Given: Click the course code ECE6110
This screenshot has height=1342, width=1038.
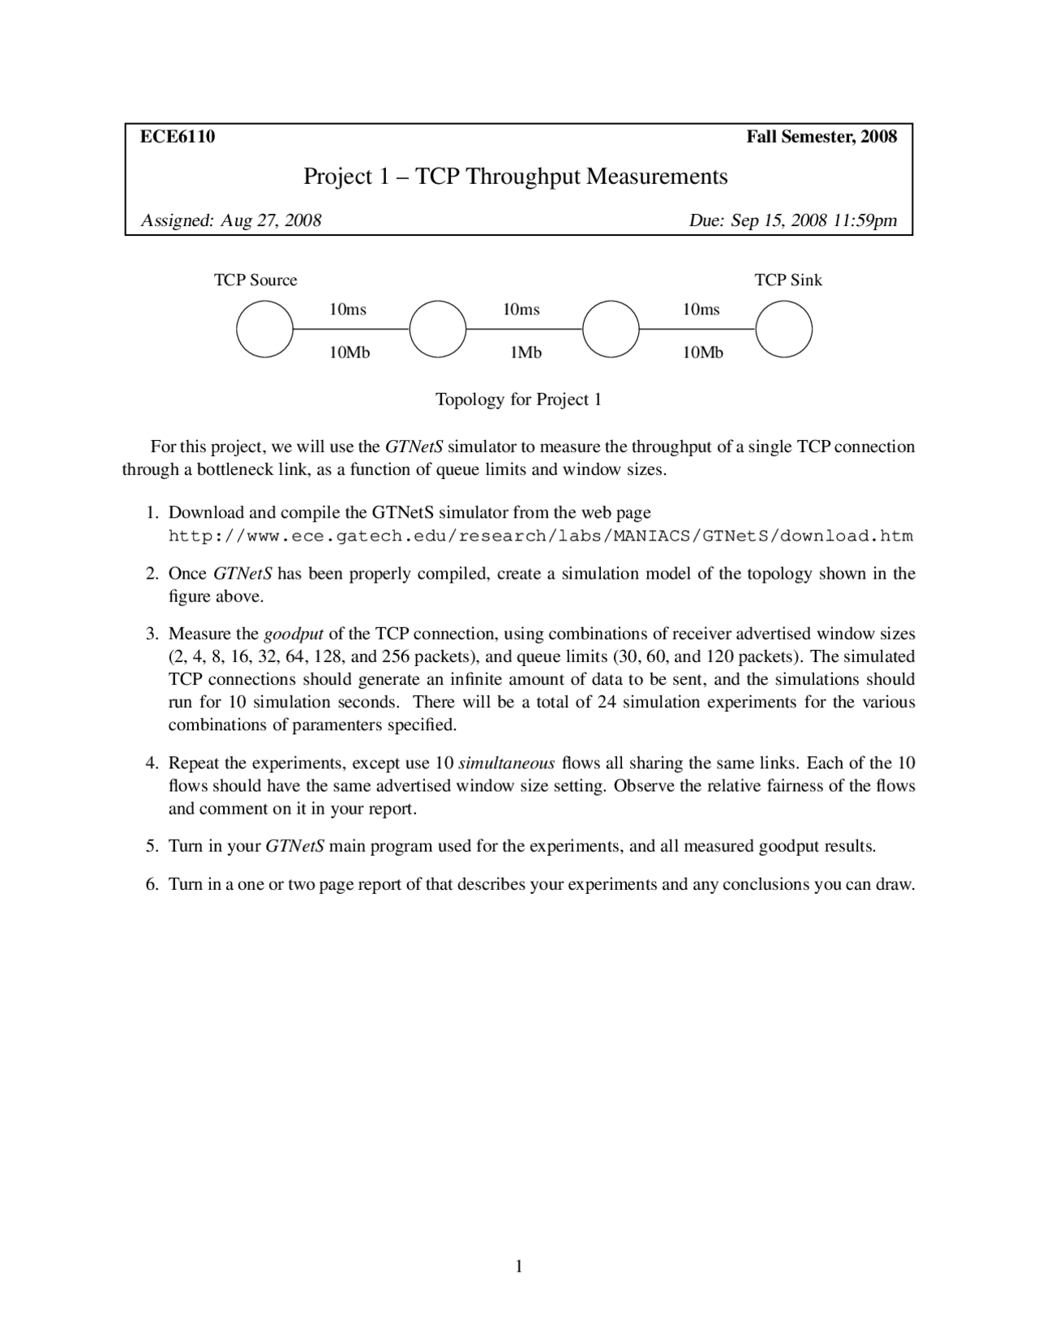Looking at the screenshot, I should click(178, 137).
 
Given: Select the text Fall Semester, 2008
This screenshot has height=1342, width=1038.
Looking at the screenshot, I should click(821, 137).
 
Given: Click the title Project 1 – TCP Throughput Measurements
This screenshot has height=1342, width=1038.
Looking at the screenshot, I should click(515, 177).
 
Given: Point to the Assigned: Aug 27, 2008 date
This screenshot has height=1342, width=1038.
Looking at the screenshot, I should click(231, 220).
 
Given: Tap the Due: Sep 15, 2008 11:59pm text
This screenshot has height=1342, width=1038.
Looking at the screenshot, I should click(792, 220).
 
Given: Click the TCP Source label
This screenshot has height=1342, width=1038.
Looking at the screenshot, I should click(255, 280).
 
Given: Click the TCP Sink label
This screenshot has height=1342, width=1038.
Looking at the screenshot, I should click(787, 280).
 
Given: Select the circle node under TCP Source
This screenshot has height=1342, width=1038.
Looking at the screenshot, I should click(264, 329).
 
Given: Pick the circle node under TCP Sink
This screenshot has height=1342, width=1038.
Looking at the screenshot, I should click(783, 329).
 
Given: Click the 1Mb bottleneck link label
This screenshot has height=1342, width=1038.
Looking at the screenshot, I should click(525, 353).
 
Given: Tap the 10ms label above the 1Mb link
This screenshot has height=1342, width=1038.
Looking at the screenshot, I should click(521, 310).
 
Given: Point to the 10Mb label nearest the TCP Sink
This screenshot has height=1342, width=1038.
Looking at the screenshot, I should click(702, 353).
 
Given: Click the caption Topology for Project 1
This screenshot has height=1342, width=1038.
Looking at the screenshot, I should click(518, 400).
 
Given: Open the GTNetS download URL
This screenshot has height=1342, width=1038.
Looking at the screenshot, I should click(540, 536).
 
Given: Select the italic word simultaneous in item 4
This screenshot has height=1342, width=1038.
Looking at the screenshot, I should click(506, 763).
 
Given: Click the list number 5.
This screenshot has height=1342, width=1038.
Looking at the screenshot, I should click(152, 847).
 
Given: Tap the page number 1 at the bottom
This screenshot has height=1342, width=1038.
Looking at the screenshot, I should click(518, 1267).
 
